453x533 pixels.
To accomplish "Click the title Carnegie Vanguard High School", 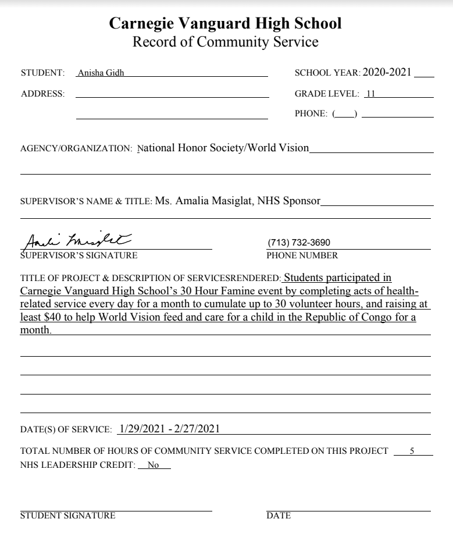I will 226,23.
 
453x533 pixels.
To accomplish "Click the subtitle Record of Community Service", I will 226,42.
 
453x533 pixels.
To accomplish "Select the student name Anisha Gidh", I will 97,73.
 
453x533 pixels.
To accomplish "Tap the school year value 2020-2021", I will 387,72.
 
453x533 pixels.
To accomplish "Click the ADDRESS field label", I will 42,93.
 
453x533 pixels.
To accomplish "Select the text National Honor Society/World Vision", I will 223,148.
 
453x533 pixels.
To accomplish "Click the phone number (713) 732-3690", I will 299,243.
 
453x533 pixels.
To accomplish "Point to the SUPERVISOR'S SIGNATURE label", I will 79,255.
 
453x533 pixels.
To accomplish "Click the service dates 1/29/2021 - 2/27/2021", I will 169,429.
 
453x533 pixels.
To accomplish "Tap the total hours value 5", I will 412,451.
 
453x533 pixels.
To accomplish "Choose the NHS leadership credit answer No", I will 154,466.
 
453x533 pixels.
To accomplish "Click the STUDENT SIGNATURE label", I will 67,516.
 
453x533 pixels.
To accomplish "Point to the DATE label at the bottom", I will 279,516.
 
